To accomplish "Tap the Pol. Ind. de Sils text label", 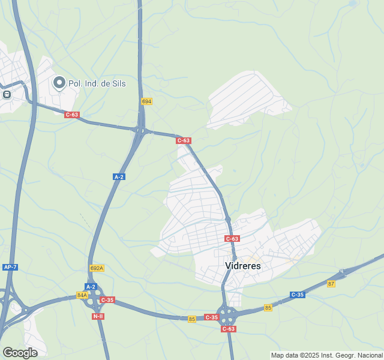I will pyautogui.click(x=97, y=83).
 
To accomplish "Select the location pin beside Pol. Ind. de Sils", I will pyautogui.click(x=59, y=83).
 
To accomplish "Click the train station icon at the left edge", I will pyautogui.click(x=7, y=94).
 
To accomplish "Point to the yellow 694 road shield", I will pyautogui.click(x=146, y=101).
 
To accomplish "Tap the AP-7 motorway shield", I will pyautogui.click(x=10, y=266).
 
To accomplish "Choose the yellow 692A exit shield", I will pyautogui.click(x=97, y=268).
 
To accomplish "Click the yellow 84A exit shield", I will pyautogui.click(x=82, y=295).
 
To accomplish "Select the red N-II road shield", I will pyautogui.click(x=98, y=316).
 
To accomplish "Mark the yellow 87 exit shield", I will pyautogui.click(x=331, y=284).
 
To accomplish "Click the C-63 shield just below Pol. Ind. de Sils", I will pyautogui.click(x=72, y=115).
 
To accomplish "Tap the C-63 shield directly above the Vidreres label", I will pyautogui.click(x=232, y=238).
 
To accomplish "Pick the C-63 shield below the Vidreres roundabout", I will pyautogui.click(x=228, y=329).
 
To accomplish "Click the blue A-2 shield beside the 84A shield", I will pyautogui.click(x=91, y=287).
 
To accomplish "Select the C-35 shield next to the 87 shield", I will pyautogui.click(x=298, y=295).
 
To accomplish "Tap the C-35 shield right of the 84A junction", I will pyautogui.click(x=107, y=299).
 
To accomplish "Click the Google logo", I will pyautogui.click(x=20, y=352).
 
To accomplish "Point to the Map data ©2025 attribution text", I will pyautogui.click(x=326, y=355).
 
